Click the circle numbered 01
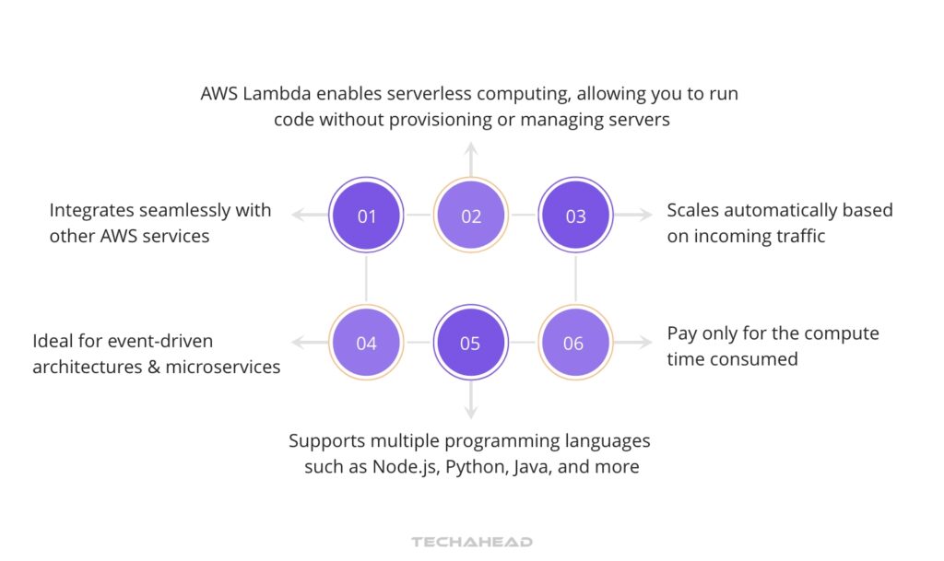coord(367,216)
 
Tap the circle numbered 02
coord(471,216)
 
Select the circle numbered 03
coord(575,216)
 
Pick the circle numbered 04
coord(367,343)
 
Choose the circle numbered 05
coord(471,343)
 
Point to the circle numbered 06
coord(574,343)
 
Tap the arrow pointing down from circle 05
coord(471,403)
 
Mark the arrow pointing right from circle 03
coord(633,216)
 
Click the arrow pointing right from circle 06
coord(633,343)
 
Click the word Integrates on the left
coord(93,210)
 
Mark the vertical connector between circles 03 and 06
coord(575,279)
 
